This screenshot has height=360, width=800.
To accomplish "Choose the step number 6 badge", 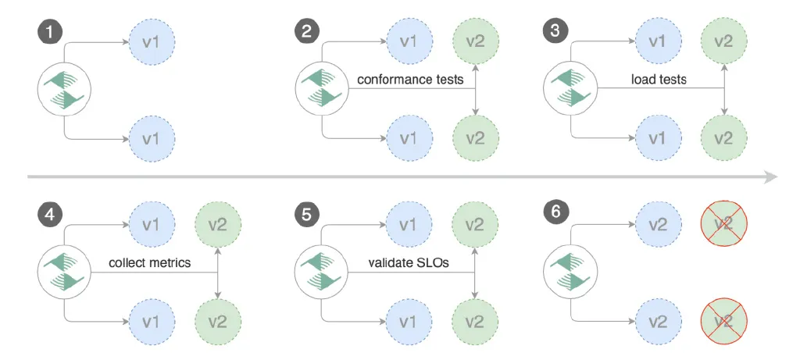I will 555,211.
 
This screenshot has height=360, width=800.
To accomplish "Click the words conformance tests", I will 410,80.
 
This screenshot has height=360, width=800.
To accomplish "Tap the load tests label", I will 659,80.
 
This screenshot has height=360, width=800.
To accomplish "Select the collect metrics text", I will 150,263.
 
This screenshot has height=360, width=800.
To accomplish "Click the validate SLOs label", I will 409,263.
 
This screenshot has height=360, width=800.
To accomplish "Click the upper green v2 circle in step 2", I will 475,41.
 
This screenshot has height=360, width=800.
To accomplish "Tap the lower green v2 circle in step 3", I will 723,138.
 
